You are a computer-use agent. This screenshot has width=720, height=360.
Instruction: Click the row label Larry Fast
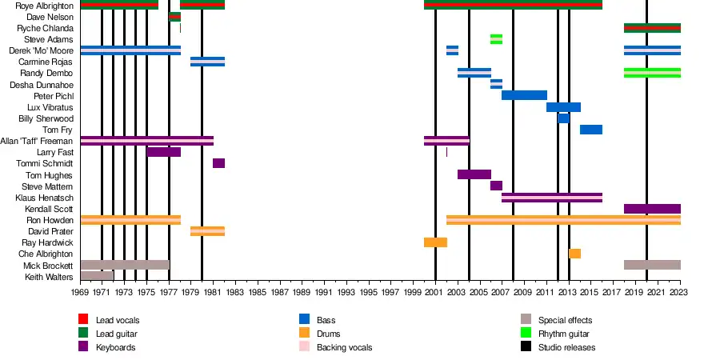tap(55, 152)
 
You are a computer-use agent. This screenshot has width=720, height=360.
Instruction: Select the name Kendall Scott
tap(50, 209)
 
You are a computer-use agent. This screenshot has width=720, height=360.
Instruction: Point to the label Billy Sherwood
tap(46, 118)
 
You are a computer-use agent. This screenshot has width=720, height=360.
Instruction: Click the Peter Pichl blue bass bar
tap(524, 95)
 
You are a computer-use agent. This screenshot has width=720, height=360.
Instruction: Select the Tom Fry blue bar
tap(590, 130)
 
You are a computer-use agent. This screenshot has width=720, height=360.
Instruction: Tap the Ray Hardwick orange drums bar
tap(435, 242)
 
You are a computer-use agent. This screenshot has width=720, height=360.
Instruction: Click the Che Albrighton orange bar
tap(574, 254)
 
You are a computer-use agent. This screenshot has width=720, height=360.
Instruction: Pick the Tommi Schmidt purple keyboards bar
tap(218, 163)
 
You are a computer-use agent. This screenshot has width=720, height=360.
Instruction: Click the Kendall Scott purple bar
tap(652, 209)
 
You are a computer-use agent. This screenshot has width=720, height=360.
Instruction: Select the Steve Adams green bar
tap(496, 39)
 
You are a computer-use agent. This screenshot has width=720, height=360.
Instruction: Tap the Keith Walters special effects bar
tap(97, 276)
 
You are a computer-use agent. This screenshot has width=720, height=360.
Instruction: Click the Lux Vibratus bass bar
tap(563, 107)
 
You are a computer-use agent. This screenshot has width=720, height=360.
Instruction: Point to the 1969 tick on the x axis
tap(81, 293)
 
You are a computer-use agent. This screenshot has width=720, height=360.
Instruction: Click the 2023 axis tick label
tap(680, 293)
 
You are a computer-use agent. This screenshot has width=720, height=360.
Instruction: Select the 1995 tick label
tap(368, 293)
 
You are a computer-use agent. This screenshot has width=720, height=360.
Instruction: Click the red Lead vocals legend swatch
tap(82, 320)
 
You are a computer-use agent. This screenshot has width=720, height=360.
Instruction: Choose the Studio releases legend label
tap(566, 347)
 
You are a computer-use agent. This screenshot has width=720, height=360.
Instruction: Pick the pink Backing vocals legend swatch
tap(304, 347)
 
